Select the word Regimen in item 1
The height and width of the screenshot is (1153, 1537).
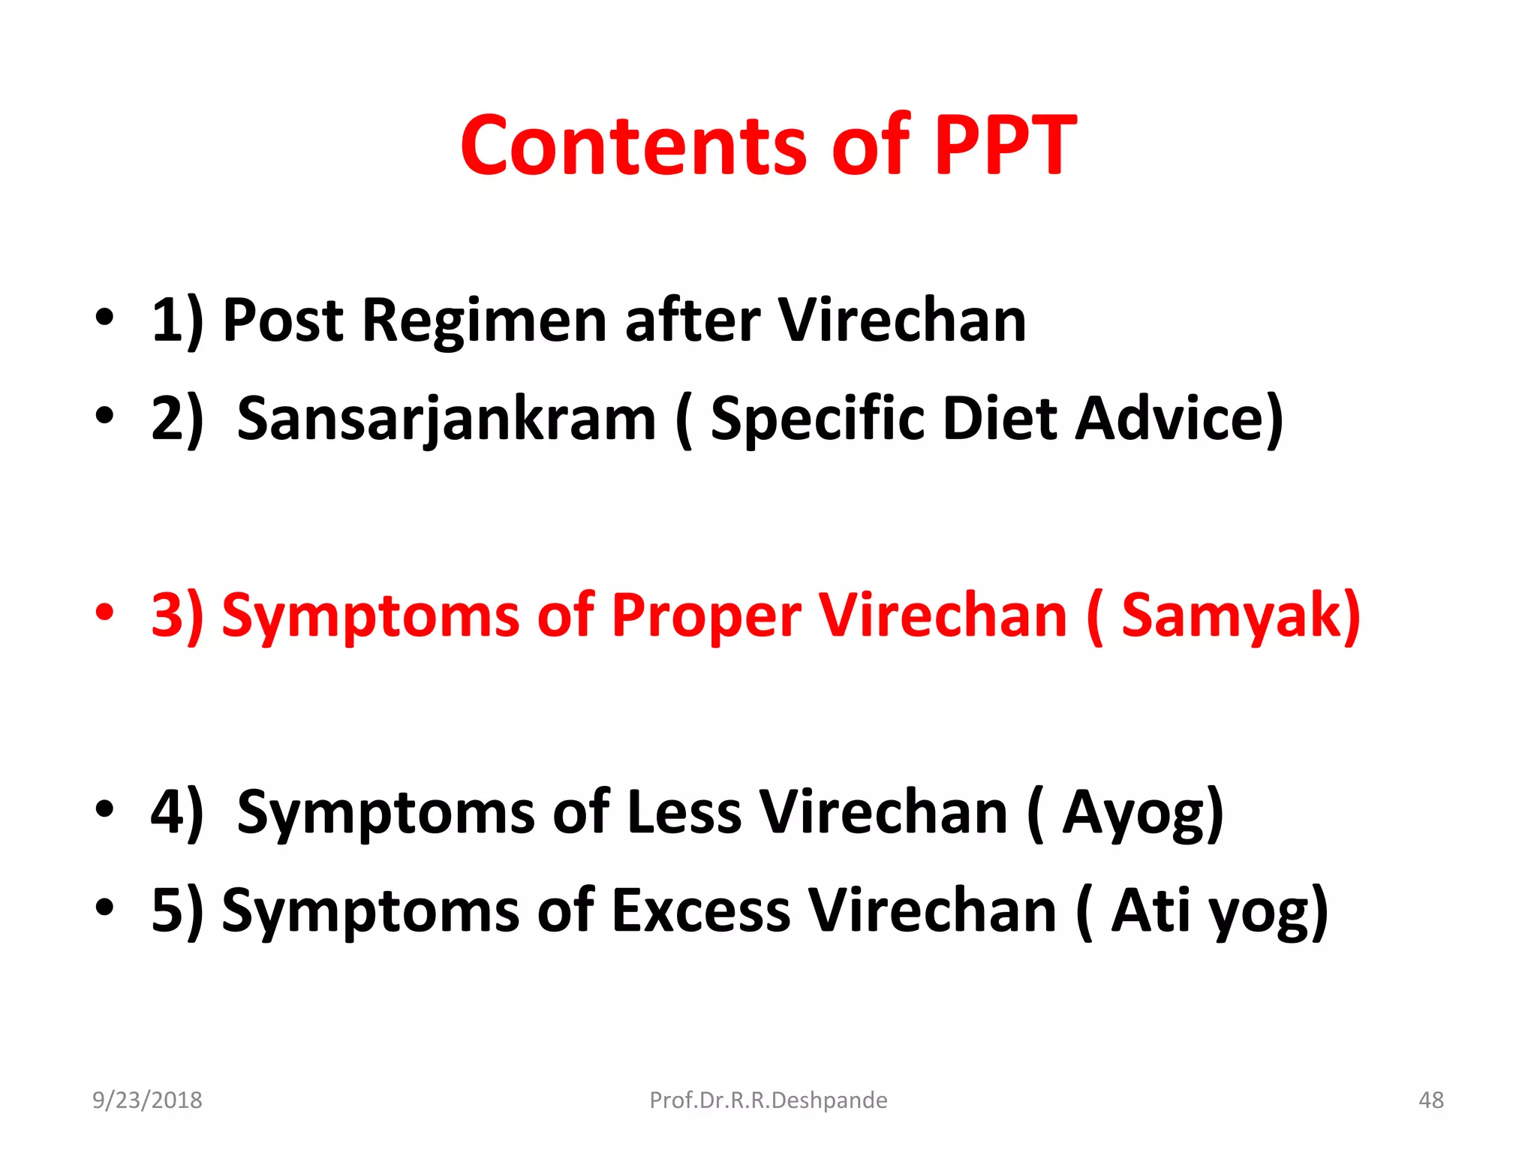tap(484, 321)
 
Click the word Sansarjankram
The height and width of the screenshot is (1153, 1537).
tap(447, 419)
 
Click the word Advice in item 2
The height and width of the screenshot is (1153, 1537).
tap(1179, 419)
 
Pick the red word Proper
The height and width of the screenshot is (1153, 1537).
tap(706, 616)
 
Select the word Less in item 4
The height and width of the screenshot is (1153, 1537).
tap(684, 813)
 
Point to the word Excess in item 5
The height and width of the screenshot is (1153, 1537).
tap(701, 911)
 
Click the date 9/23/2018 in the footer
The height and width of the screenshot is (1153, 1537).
tap(147, 1100)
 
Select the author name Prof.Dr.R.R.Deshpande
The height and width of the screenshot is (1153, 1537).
tap(768, 1100)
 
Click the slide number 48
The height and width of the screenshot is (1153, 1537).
tap(1430, 1100)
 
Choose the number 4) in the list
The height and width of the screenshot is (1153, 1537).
tap(177, 813)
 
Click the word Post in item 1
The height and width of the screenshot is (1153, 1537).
tap(283, 321)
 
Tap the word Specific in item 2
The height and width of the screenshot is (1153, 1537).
tap(817, 419)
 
